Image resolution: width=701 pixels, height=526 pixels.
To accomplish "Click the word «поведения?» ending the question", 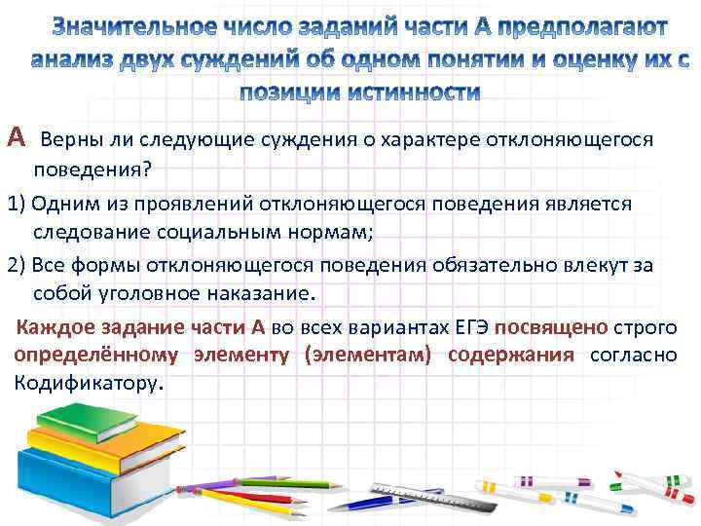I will click(x=92, y=170).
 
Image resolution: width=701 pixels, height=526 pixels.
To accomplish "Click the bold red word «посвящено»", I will click(x=549, y=326).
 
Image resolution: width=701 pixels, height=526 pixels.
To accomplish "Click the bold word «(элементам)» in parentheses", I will click(x=367, y=355).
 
